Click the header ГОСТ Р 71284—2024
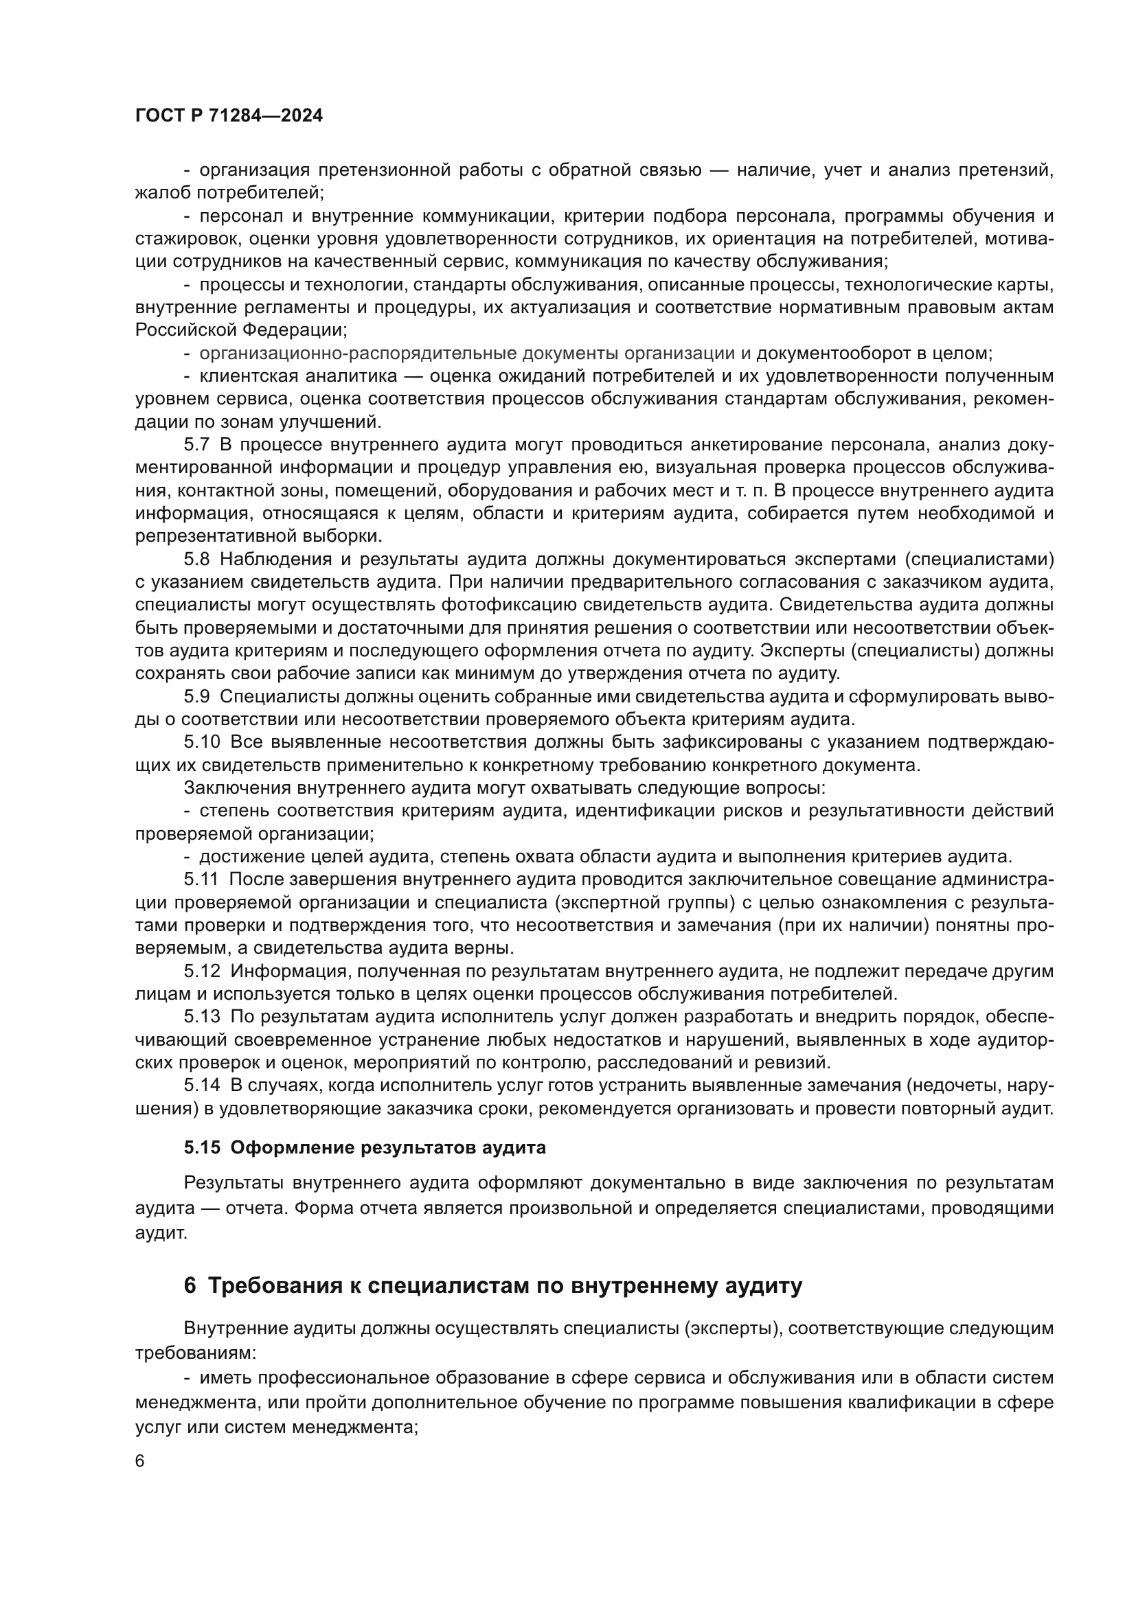229,116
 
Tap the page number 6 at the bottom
140,1462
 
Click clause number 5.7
196,445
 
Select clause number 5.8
196,559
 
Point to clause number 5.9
196,697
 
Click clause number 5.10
201,742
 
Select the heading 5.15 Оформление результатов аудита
365,1148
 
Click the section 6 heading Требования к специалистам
493,1285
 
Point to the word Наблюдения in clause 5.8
270,559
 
